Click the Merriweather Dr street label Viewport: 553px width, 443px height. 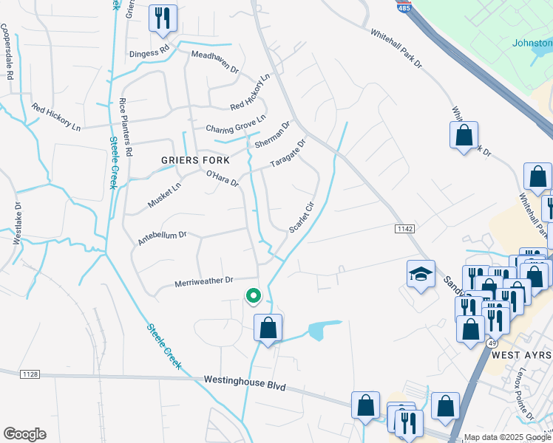[x=203, y=281]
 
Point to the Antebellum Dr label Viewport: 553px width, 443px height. [x=162, y=238]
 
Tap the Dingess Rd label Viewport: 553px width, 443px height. [x=149, y=49]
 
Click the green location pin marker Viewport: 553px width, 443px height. [x=253, y=296]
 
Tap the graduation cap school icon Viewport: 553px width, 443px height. [x=421, y=274]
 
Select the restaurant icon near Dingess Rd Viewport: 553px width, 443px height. [x=163, y=18]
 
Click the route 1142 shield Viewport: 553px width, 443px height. [x=405, y=230]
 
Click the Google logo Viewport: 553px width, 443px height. [x=24, y=434]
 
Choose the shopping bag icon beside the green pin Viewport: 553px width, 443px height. [x=268, y=327]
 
